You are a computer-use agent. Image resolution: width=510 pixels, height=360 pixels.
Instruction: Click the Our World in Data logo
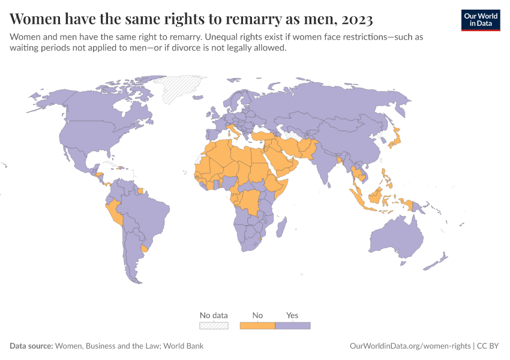pos(480,20)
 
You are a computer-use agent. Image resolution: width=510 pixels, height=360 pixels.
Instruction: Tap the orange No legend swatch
pos(257,326)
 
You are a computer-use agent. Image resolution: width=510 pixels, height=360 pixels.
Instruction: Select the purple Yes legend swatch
pos(292,326)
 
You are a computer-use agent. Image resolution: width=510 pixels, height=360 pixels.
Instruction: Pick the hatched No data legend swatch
pos(214,326)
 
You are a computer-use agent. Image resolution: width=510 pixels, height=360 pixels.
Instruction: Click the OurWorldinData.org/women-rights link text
pos(410,346)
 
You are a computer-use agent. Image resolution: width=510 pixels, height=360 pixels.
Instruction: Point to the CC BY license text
pos(489,346)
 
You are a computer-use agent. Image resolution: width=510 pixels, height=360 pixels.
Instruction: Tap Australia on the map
pos(396,240)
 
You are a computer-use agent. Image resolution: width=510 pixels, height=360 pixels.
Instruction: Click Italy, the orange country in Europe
pos(232,131)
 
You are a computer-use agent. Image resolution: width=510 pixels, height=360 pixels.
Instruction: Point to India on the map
pos(324,165)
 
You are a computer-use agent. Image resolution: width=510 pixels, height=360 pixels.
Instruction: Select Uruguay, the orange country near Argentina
pos(143,248)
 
